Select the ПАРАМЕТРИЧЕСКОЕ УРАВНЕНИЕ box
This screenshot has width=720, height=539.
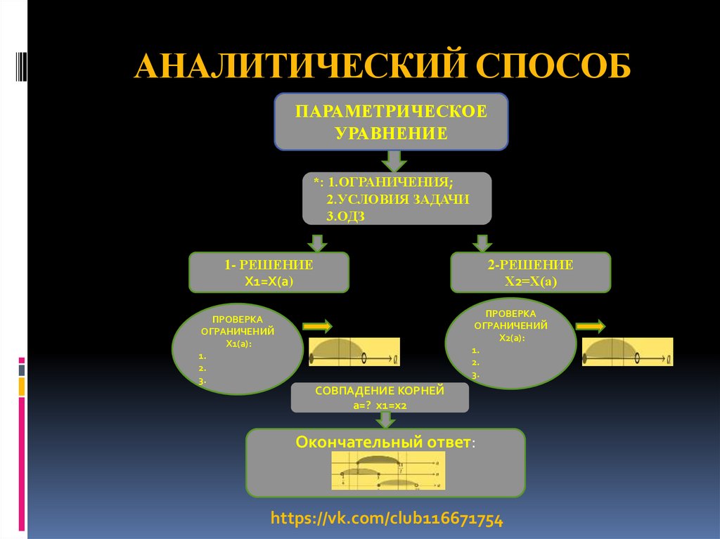391,122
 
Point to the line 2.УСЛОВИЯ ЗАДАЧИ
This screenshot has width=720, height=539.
397,199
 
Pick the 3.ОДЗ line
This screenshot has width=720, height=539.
345,216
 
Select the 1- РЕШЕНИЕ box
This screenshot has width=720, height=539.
269,273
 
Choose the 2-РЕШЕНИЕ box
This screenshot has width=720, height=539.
530,273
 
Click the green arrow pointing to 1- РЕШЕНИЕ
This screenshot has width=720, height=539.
317,242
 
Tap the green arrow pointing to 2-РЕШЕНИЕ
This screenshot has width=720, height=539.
482,242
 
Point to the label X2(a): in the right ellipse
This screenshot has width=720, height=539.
512,338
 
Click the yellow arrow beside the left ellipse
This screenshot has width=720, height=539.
318,326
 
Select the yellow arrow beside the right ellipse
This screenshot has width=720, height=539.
591,326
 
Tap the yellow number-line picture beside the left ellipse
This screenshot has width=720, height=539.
354,351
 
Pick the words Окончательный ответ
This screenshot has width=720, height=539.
383,443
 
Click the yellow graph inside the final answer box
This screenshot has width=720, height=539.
387,471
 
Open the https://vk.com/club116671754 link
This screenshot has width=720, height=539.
387,519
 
